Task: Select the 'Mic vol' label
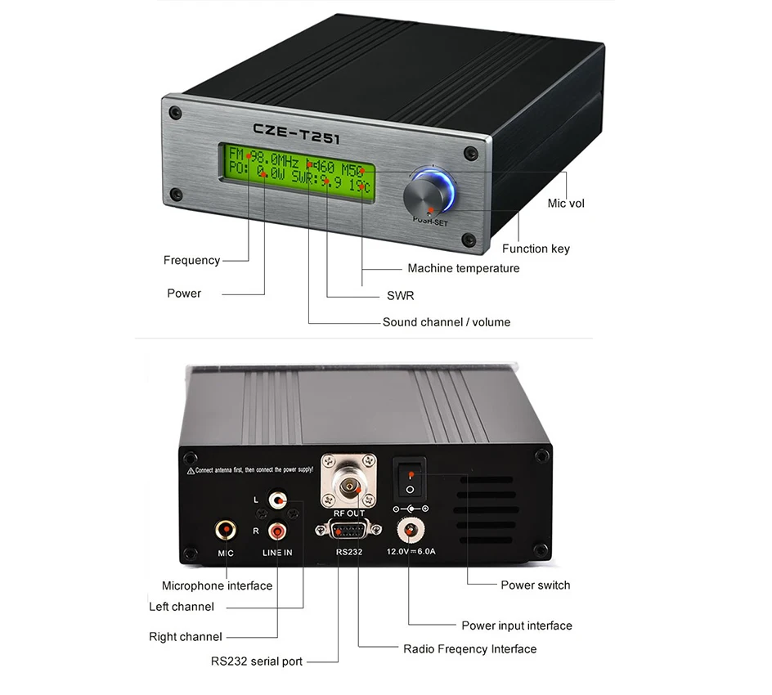566,203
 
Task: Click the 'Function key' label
536,249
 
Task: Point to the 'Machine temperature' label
463,268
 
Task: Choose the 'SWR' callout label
400,295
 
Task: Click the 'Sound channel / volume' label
446,322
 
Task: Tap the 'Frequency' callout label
191,260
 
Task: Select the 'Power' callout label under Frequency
184,293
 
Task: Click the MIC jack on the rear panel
226,531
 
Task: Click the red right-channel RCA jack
279,531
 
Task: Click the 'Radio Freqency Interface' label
469,649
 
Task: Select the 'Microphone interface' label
217,585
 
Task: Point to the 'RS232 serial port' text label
256,661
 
